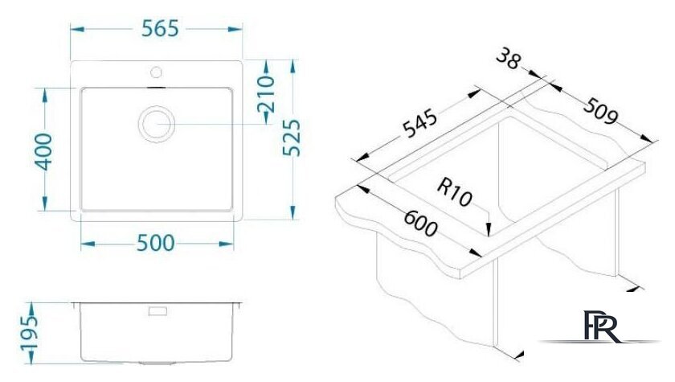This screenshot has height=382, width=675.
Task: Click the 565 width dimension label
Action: coord(160,29)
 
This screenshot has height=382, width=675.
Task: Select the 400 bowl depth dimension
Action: coord(44,152)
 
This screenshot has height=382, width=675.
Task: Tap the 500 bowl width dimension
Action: coord(155,244)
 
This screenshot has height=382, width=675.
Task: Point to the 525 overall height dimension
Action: coord(292,138)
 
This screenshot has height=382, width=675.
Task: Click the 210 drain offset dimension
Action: coord(266,94)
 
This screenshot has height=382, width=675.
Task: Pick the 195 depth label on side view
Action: coord(30,333)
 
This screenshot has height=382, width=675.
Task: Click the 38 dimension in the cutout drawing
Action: coord(509,60)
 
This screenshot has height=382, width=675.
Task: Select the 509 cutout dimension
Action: coord(600,111)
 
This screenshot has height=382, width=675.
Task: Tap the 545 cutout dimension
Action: coord(419,124)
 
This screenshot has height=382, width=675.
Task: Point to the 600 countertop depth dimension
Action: coord(420,223)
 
